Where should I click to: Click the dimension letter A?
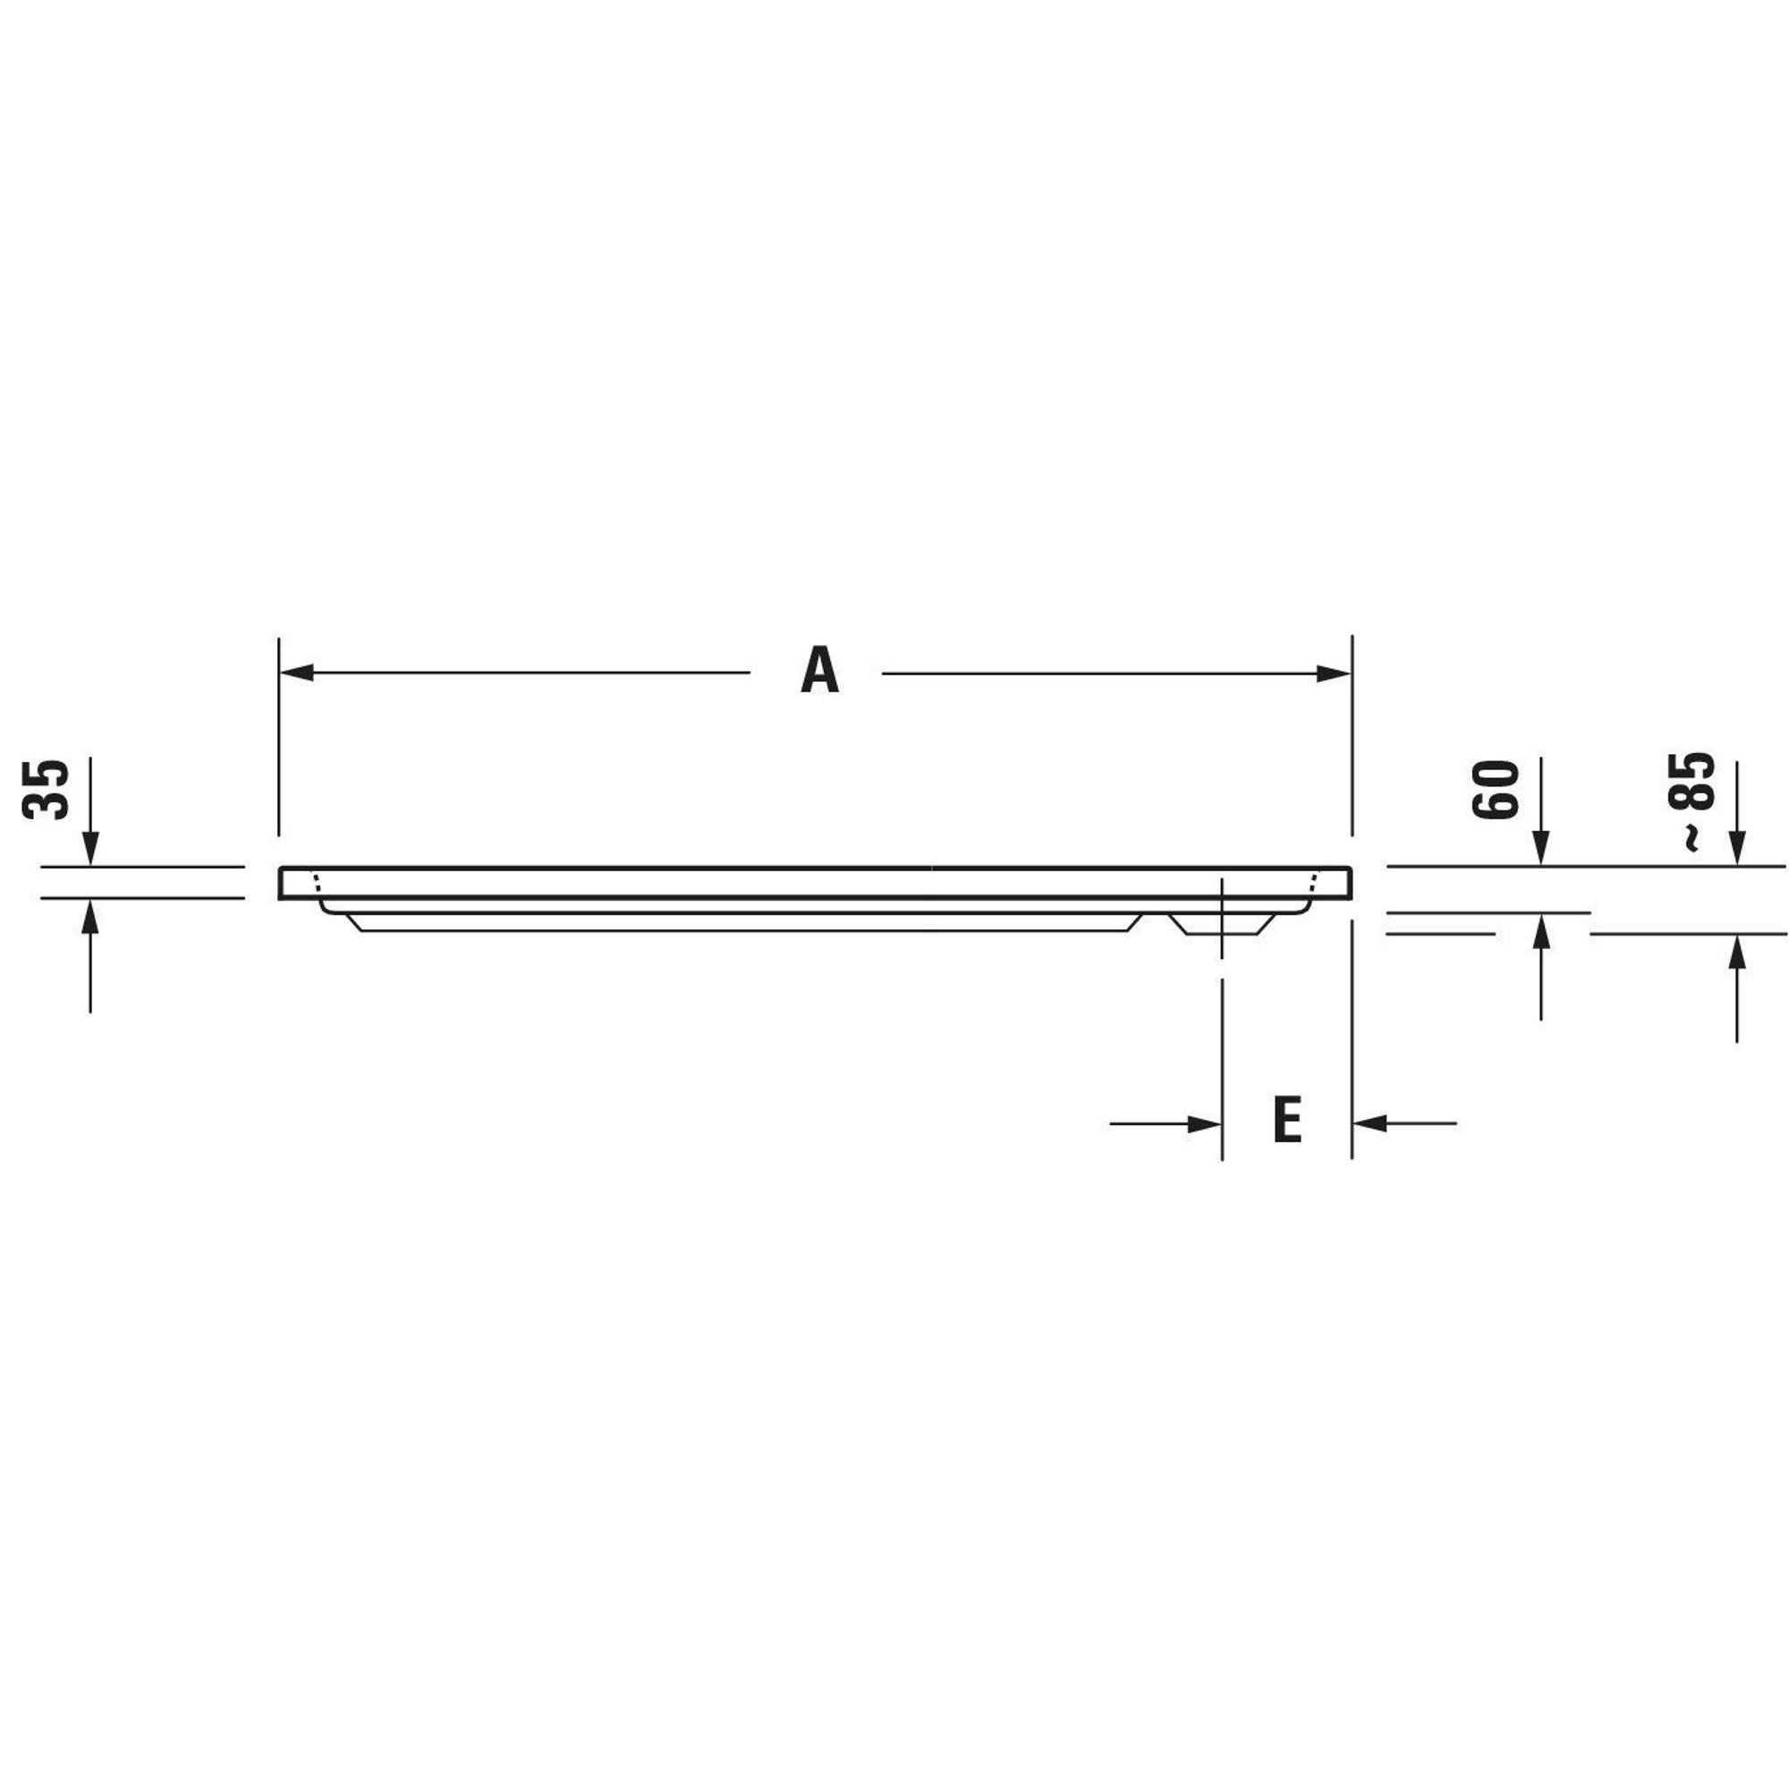coord(819,670)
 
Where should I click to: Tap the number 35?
coord(46,789)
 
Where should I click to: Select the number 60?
coord(1496,788)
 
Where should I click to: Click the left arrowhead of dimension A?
coord(296,673)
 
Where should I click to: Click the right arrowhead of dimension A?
coord(1334,674)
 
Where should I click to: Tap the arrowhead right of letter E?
coord(1369,1123)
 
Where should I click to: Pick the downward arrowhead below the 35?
coord(89,848)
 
